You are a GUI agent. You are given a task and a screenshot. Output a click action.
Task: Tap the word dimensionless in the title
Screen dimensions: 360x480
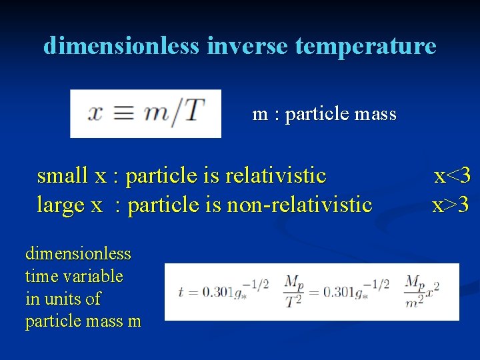click(x=121, y=46)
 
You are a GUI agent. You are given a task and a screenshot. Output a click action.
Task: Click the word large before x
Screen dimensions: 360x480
click(x=61, y=205)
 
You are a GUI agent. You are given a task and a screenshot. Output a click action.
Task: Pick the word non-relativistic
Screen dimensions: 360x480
click(x=299, y=205)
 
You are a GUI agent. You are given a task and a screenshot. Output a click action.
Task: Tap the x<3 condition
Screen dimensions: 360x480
click(x=453, y=176)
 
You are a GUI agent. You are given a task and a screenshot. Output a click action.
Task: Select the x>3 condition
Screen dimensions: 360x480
click(x=451, y=205)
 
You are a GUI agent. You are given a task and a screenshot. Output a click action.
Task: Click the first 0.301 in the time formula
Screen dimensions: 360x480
click(x=216, y=292)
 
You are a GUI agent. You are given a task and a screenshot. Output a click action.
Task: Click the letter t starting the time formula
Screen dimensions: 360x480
click(x=180, y=292)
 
